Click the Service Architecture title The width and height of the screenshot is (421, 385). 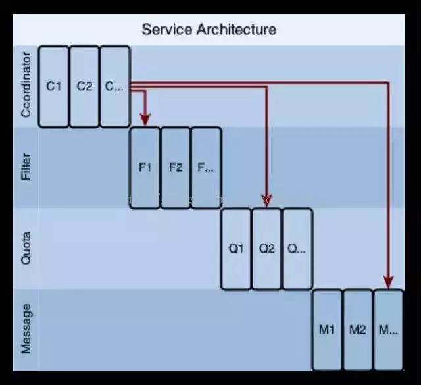209,30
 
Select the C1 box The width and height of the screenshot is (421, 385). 54,86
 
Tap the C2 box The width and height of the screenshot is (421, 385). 84,86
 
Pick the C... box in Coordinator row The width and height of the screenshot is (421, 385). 114,86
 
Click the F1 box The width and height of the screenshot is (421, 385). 145,167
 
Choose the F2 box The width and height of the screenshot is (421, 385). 176,167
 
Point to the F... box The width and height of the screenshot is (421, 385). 206,167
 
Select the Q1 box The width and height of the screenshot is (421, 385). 236,249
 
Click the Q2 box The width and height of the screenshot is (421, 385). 266,249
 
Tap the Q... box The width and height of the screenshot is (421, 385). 297,249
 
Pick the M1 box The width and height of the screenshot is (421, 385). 327,330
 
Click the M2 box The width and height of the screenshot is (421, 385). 357,330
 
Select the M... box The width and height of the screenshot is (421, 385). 388,330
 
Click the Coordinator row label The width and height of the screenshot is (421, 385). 26,86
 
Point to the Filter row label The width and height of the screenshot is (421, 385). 26,167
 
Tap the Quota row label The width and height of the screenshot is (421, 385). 26,249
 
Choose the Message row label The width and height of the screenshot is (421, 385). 26,329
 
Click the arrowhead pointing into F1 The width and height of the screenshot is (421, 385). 145,119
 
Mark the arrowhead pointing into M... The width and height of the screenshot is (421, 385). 388,282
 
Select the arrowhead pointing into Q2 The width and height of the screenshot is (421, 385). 266,198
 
